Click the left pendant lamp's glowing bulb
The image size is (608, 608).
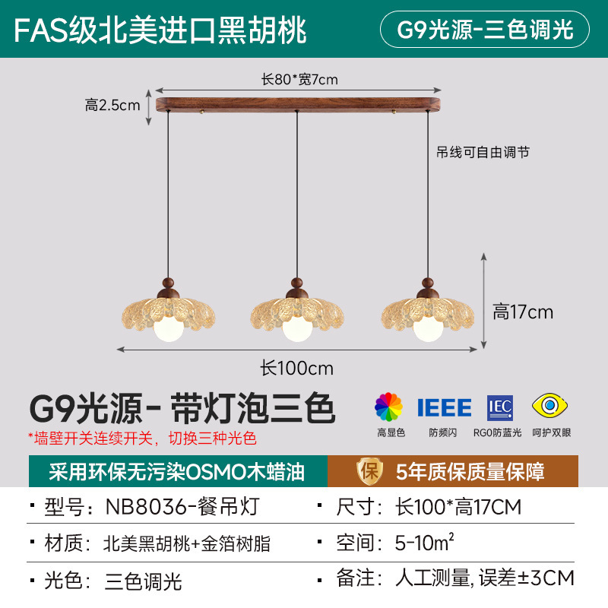pos(166,329)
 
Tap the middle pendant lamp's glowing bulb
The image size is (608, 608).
pos(296,329)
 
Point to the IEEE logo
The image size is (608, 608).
pos(444,408)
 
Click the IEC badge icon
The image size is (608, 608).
pos(500,408)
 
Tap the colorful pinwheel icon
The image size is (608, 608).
pos(389,407)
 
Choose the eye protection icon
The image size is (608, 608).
pos(551,407)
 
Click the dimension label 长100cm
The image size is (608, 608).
pos(297,368)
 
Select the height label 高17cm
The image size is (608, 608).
pos(523,312)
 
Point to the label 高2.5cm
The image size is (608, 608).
pos(112,105)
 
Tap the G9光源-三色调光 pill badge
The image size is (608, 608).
pos(484,30)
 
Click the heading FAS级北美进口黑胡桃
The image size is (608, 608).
pos(160,30)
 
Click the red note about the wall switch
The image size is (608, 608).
pos(142,438)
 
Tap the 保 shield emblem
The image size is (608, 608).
pos(369,471)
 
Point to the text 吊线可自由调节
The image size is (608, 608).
pos(483,152)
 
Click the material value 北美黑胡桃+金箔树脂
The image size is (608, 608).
pos(186,543)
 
